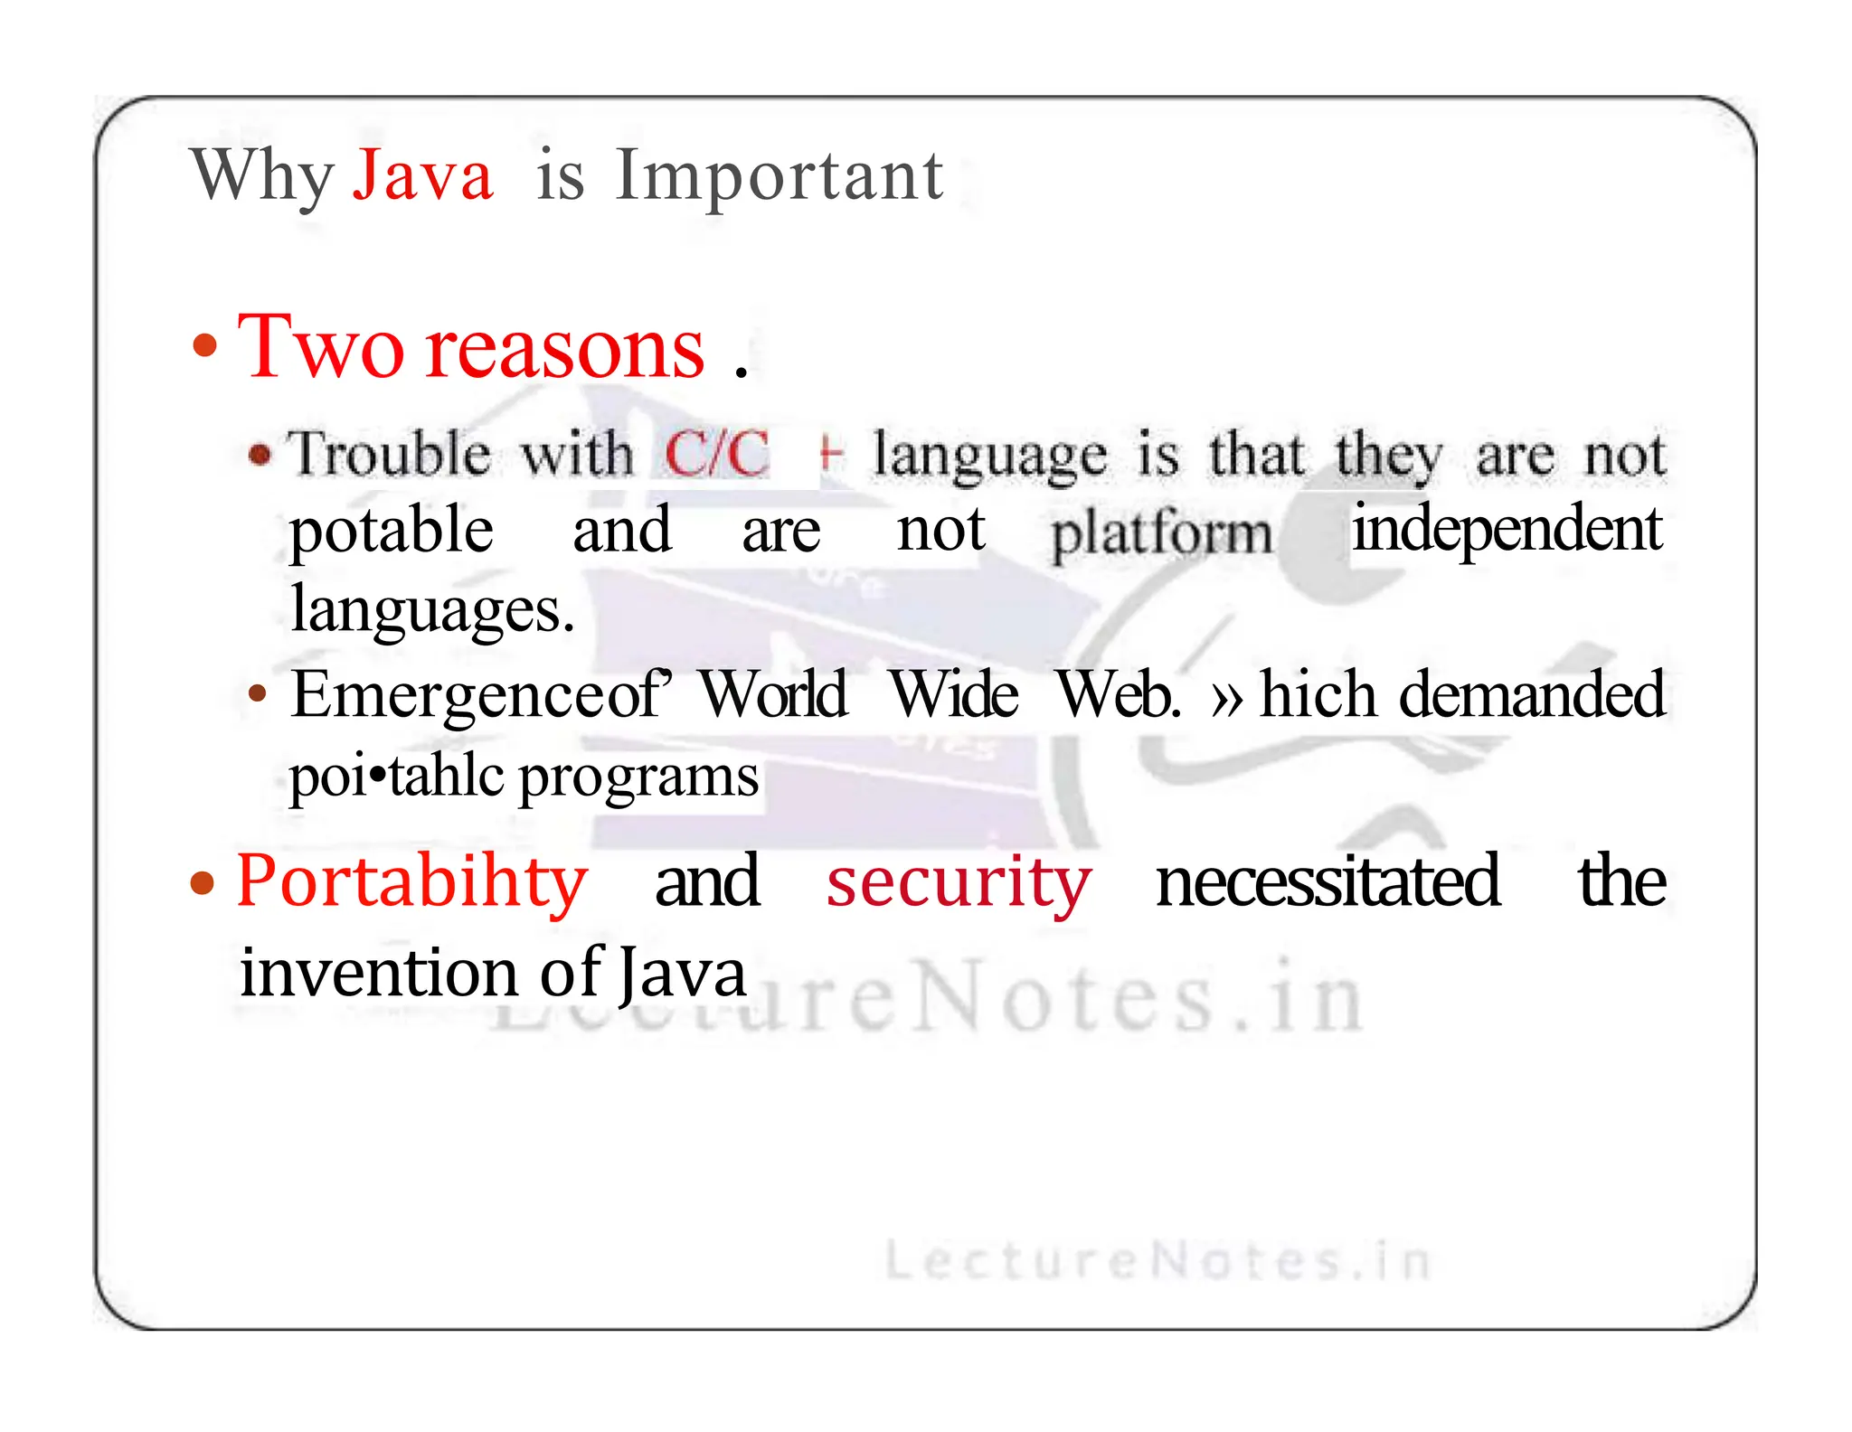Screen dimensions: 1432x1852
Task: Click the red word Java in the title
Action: tap(422, 175)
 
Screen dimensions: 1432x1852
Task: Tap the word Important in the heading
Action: tap(779, 175)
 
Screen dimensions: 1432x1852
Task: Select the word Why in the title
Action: tap(262, 175)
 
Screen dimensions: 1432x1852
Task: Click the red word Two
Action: tap(320, 348)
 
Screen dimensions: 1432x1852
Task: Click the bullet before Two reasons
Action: tap(206, 346)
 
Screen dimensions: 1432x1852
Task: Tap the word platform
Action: tap(1161, 533)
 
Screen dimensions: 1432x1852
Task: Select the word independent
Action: tap(1507, 530)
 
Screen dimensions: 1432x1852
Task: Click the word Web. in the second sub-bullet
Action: tap(1120, 694)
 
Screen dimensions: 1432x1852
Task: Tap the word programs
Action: tap(638, 777)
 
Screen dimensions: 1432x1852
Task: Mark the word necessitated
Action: tap(1328, 881)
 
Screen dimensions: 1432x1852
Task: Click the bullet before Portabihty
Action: tap(203, 883)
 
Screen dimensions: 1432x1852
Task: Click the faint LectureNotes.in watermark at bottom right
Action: tap(1157, 1260)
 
